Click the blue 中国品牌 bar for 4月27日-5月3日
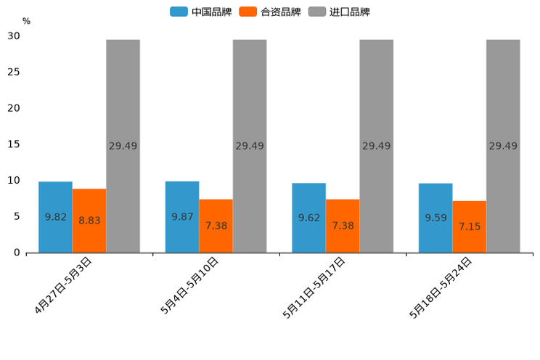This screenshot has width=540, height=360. [55, 217]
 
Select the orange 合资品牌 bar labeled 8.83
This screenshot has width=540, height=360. [89, 221]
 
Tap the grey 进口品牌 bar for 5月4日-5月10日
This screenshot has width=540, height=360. [250, 146]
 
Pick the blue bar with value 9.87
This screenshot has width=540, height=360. [182, 217]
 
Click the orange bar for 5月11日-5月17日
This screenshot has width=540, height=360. [343, 226]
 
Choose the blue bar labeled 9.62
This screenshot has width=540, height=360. [308, 218]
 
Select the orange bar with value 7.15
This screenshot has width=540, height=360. [470, 226]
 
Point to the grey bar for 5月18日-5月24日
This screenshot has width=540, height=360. [503, 146]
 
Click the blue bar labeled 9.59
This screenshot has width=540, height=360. [435, 218]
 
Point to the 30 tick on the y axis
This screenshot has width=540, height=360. [14, 36]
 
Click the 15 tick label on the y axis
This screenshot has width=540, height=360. [14, 144]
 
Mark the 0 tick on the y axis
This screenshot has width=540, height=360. [17, 253]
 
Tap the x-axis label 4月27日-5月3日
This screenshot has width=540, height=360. [64, 285]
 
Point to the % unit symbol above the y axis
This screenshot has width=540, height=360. [26, 22]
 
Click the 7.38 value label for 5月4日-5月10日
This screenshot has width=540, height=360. [216, 226]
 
